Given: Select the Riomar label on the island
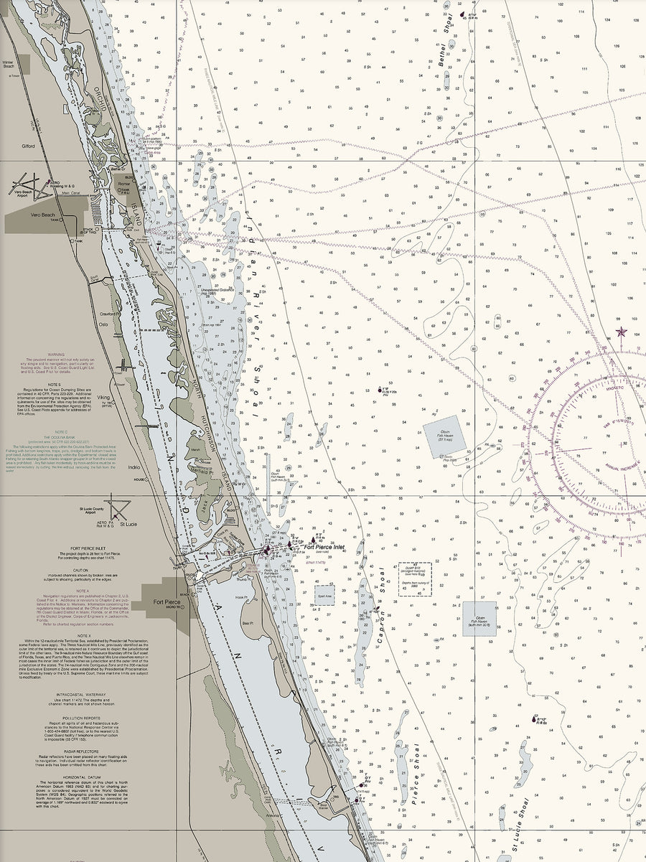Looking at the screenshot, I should (123, 184).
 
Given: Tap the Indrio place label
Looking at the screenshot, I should (134, 467).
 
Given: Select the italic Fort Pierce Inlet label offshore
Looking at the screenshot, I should (324, 548).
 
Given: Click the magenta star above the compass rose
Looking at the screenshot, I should (621, 332).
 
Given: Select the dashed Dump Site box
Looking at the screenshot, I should (415, 578).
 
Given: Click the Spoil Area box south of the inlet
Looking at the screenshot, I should (324, 595).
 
